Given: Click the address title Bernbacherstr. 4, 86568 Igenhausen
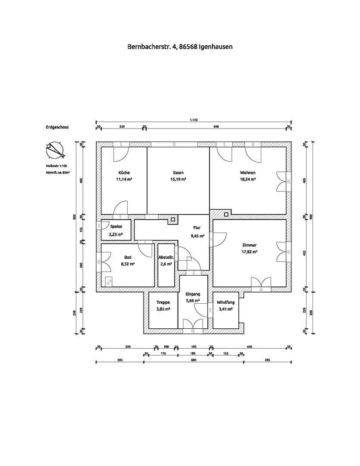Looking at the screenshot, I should (180, 47).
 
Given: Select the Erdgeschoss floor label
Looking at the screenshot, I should (57, 127).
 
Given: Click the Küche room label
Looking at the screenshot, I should (124, 173).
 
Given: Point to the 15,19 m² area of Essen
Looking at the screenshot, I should (178, 179).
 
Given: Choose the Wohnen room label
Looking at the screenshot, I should (248, 173).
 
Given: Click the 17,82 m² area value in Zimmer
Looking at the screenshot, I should (249, 251).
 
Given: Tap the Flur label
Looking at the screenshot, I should (197, 230).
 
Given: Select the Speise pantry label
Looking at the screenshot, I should (116, 226).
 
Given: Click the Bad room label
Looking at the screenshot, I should (128, 257).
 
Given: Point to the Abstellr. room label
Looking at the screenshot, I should (166, 257).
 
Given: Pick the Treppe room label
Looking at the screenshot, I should (163, 302).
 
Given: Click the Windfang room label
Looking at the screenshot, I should (225, 302).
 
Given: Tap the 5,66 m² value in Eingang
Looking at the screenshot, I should (193, 300).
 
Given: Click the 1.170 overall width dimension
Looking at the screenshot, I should (194, 120).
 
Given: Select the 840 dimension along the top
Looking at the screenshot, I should (216, 126).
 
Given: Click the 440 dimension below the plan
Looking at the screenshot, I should (249, 346).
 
